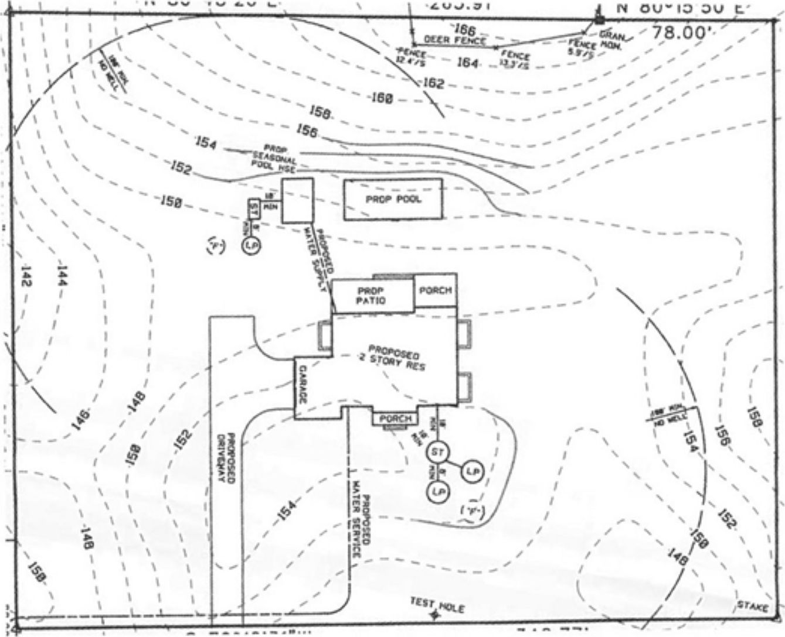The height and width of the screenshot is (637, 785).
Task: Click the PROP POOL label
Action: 393,200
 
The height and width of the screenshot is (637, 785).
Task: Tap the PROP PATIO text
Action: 371,296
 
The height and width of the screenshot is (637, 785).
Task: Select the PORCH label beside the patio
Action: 436,290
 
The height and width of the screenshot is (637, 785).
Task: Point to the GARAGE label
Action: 303,384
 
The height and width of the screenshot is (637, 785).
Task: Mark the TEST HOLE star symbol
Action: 434,615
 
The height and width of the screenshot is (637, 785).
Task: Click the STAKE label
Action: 752,607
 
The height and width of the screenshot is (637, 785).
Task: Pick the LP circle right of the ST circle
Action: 472,472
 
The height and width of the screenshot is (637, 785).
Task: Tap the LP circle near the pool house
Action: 252,244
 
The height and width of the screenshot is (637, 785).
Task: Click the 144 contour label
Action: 62,276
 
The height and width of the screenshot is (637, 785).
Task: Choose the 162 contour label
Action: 433,84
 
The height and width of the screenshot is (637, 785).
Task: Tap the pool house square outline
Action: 297,201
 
